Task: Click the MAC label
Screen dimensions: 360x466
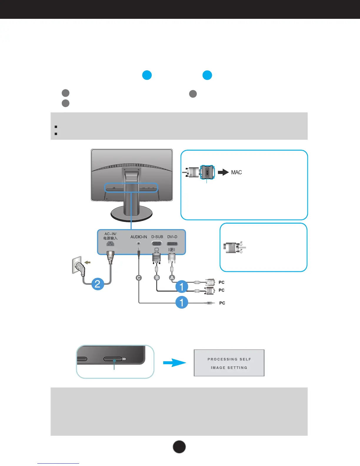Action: click(236, 172)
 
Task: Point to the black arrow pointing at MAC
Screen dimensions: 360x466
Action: click(223, 172)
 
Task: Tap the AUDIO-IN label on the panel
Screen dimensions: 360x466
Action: click(139, 237)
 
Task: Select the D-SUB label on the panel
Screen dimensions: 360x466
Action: click(157, 237)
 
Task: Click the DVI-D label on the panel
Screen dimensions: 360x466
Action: click(172, 237)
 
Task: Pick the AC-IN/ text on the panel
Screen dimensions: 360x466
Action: click(110, 234)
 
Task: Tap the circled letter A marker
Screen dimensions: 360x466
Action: click(172, 278)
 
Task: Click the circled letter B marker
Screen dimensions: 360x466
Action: click(157, 278)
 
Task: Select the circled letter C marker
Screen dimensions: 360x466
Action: click(139, 278)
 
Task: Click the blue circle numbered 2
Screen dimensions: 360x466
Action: click(98, 284)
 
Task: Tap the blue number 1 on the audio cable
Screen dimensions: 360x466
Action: click(181, 302)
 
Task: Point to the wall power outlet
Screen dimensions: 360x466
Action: click(77, 265)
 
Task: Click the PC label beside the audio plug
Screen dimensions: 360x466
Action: click(222, 303)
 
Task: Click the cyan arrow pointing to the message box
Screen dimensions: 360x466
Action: click(174, 363)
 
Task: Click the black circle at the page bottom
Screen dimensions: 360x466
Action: click(179, 447)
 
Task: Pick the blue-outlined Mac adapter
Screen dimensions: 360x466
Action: click(207, 172)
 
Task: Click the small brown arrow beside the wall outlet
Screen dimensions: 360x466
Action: click(87, 262)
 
